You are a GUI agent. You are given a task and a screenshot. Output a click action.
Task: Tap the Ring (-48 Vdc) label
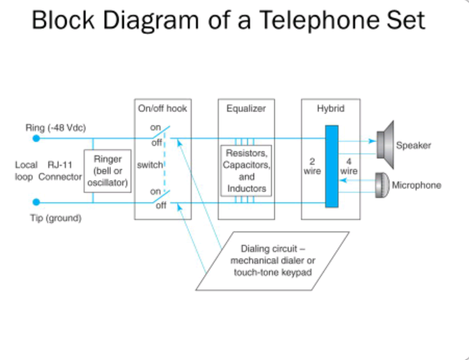56,127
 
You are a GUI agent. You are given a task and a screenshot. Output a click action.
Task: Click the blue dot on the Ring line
36,138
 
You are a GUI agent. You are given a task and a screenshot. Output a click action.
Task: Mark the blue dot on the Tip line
36,202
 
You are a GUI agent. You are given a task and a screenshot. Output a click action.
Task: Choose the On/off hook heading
162,109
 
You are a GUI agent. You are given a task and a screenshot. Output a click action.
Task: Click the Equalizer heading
246,109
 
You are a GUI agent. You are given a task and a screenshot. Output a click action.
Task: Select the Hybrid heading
330,109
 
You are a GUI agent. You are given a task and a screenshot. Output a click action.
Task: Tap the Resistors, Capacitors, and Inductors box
246,170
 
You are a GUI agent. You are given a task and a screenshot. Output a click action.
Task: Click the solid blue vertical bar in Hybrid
331,166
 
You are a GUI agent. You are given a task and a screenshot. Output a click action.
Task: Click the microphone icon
382,185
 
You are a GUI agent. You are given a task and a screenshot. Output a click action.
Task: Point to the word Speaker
413,146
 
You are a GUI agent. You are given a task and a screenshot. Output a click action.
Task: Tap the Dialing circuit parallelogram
271,261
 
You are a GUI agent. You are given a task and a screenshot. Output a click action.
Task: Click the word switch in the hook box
149,165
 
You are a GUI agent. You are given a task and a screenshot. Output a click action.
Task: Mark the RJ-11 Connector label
60,171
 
